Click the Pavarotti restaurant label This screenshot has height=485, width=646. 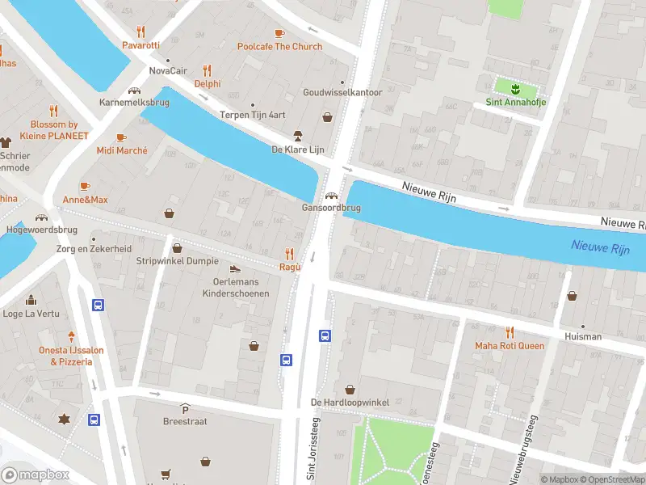[141, 45]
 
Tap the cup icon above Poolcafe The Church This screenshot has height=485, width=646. [279, 33]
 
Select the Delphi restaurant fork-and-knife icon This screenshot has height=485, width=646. [207, 70]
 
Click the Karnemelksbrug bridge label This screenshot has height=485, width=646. [134, 103]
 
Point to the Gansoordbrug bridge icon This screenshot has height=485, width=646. [331, 196]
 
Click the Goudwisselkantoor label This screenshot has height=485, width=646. [342, 92]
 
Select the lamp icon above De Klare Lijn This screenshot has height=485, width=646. [297, 135]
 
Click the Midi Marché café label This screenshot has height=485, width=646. [122, 150]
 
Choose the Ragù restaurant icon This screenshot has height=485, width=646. [290, 254]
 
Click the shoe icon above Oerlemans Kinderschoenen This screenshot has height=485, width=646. [235, 269]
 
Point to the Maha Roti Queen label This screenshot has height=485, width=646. [510, 346]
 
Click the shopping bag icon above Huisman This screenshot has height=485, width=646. [573, 296]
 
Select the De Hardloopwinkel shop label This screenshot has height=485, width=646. [350, 402]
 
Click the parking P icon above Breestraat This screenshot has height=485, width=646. [185, 409]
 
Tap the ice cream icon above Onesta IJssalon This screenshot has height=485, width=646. [71, 336]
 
